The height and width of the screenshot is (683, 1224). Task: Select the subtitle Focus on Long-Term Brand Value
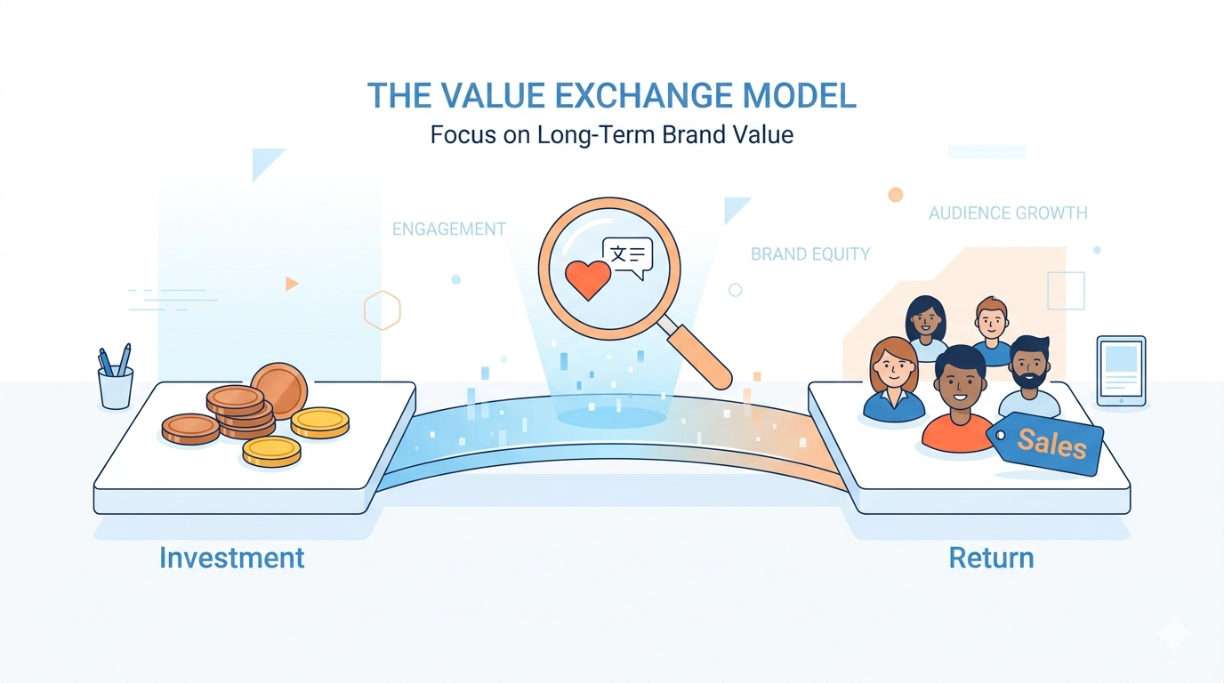[x=612, y=135]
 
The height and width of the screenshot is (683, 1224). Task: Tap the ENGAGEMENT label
[x=448, y=229]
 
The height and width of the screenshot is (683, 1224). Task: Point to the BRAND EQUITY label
[x=810, y=254]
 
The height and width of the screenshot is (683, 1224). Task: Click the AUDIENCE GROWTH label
[x=1008, y=213]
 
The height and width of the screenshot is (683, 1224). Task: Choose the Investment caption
[x=231, y=558]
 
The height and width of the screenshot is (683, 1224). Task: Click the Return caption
[x=991, y=558]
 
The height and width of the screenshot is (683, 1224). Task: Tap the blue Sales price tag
[x=1047, y=442]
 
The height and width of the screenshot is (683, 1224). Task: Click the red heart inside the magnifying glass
[x=588, y=278]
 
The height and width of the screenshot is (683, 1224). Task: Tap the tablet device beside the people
[x=1121, y=371]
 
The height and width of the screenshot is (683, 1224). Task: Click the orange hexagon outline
[x=382, y=310]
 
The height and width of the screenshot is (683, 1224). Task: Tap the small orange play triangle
[x=291, y=284]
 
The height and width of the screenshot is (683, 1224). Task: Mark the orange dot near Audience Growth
[x=896, y=195]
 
